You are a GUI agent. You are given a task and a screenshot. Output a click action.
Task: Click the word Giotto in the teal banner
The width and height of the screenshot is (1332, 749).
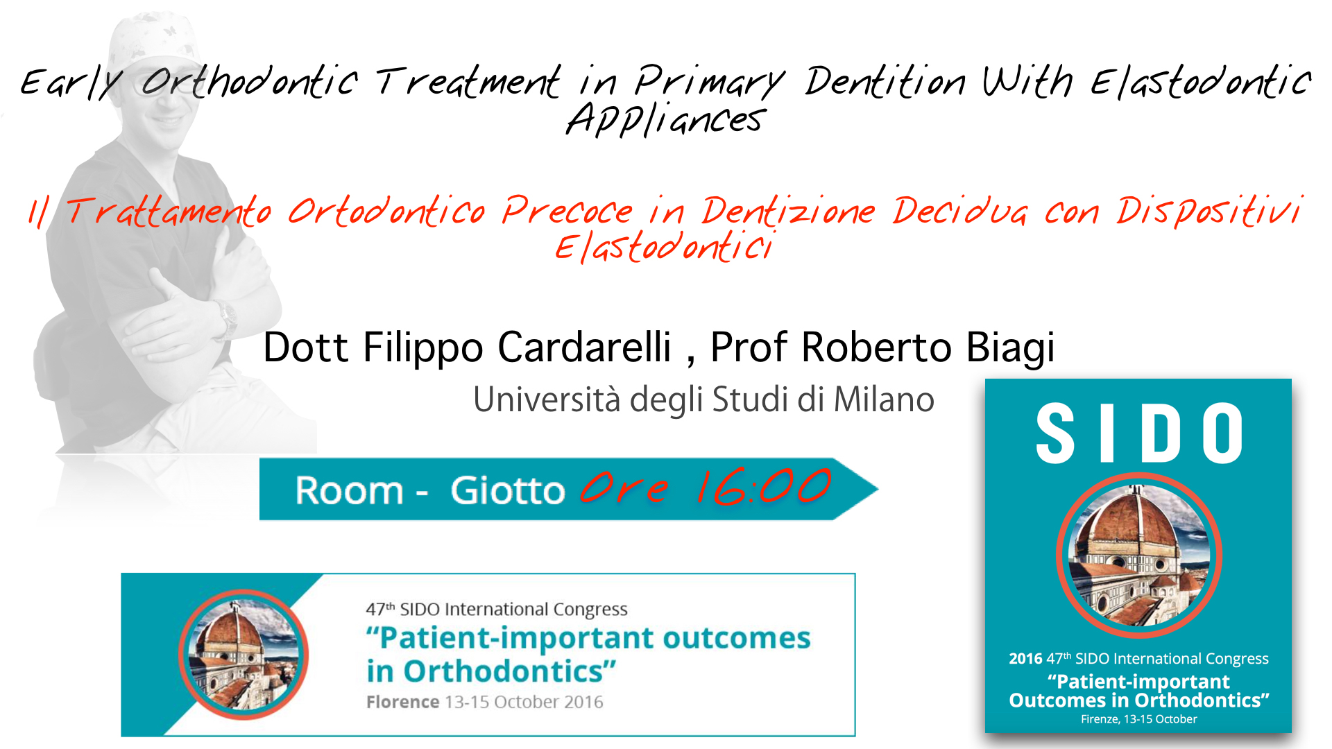(507, 491)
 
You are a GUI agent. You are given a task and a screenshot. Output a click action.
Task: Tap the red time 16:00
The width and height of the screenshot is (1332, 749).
(763, 487)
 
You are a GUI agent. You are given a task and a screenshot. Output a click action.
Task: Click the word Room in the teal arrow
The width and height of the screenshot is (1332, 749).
(349, 491)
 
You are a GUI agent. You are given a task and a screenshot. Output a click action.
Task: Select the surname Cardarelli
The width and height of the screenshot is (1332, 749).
(584, 347)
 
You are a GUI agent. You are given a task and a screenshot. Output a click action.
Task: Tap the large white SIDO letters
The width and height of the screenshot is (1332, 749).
(1138, 434)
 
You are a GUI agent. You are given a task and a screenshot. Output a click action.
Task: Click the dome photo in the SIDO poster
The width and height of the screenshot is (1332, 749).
(1138, 556)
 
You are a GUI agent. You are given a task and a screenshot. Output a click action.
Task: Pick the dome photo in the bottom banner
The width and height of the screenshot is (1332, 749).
(243, 655)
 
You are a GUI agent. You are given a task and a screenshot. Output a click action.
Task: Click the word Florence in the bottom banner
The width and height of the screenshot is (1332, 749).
(402, 702)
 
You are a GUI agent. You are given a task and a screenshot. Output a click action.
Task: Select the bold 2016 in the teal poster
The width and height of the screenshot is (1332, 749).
(1025, 659)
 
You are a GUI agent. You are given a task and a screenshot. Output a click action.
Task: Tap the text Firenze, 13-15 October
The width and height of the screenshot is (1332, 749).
(1138, 719)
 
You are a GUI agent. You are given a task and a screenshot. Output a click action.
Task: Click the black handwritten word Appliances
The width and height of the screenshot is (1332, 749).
(666, 120)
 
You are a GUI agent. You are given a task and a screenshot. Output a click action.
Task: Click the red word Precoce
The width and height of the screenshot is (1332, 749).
(567, 211)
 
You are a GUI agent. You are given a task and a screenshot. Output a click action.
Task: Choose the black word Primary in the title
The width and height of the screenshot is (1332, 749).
(709, 82)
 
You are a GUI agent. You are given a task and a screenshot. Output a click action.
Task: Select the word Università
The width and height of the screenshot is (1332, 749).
(546, 399)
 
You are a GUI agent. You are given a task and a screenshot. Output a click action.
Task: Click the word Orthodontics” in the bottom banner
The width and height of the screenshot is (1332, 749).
(509, 671)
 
